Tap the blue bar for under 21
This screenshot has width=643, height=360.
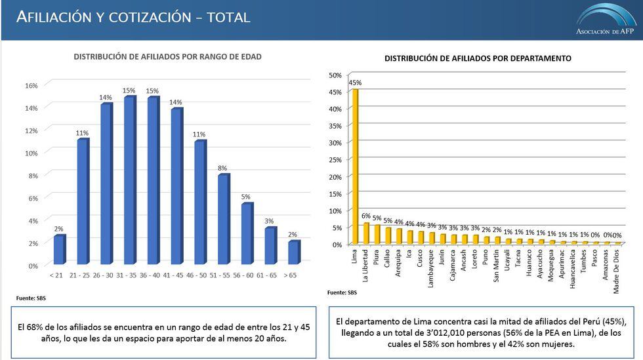click(x=59, y=250)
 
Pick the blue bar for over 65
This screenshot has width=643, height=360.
click(x=293, y=253)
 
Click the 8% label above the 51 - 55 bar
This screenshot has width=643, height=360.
click(x=223, y=168)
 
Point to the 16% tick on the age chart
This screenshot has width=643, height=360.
click(x=31, y=85)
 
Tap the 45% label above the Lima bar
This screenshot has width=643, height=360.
click(x=356, y=83)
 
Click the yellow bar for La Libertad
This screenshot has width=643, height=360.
click(x=366, y=233)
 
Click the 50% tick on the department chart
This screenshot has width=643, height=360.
click(x=335, y=75)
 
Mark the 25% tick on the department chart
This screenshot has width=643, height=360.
click(x=335, y=160)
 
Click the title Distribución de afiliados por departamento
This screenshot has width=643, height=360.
click(x=478, y=58)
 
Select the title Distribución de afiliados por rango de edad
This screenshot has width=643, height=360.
click(x=167, y=57)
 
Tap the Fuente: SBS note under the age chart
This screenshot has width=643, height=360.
click(x=31, y=298)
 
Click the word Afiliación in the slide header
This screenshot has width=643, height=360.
click(x=55, y=17)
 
